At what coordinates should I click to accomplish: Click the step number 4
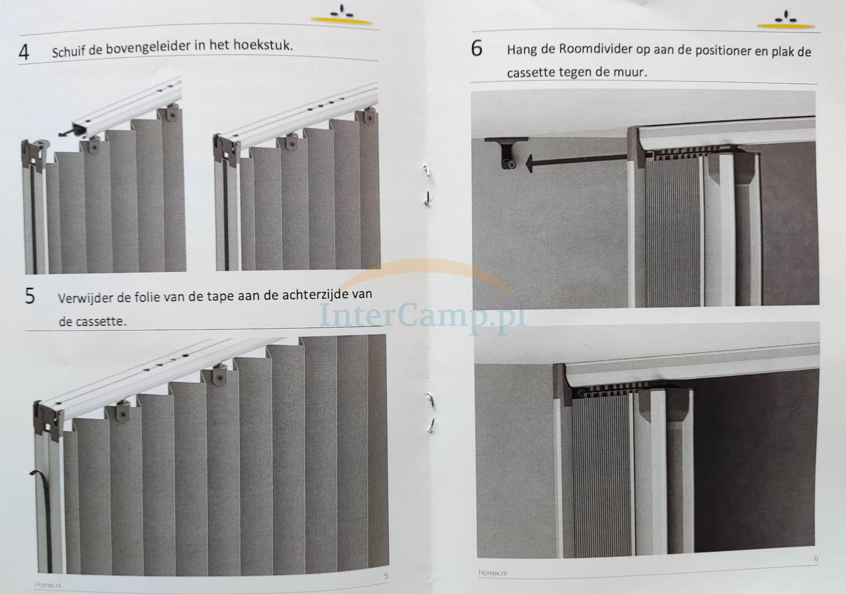pos(24,52)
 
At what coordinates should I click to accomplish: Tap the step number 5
pos(30,296)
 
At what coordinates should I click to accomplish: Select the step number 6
pos(476,49)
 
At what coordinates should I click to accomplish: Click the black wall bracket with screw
pos(507,153)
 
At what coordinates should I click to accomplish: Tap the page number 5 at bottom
pos(386,575)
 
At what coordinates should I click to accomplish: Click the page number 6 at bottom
pos(816,558)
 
